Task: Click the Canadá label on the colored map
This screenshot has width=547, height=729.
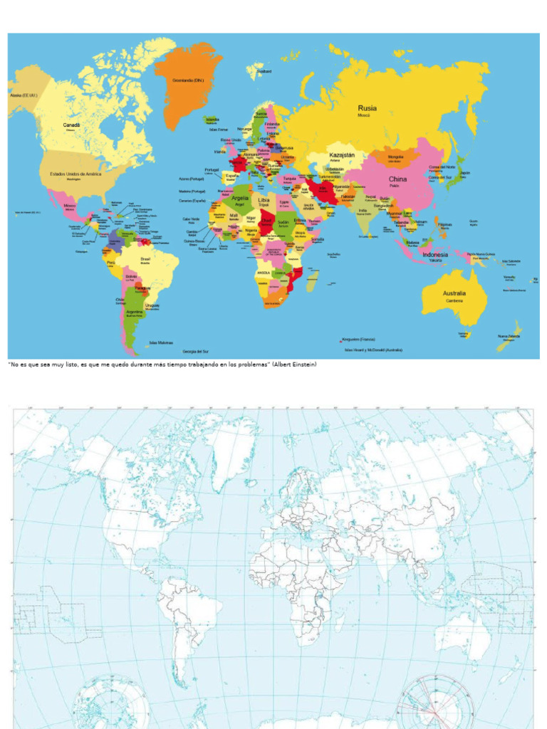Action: (71, 125)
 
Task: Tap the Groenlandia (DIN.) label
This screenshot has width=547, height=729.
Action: (189, 80)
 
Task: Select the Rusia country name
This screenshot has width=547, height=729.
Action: (368, 108)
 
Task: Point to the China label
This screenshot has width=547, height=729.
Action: (397, 179)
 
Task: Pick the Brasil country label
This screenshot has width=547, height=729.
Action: (146, 258)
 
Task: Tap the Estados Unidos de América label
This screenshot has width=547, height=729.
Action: (75, 174)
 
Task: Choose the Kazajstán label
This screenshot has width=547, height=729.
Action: (342, 154)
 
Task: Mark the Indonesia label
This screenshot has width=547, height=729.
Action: (435, 254)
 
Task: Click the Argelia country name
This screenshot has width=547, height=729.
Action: (240, 198)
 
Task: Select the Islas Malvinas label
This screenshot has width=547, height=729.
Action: (161, 342)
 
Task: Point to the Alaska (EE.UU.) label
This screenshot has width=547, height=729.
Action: (23, 95)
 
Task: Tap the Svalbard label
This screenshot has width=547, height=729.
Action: (264, 71)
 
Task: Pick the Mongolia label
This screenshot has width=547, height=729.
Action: (396, 157)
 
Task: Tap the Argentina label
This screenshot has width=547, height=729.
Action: (135, 311)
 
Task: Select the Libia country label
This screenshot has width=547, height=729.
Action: (264, 200)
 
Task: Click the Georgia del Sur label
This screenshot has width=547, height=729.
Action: (195, 352)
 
